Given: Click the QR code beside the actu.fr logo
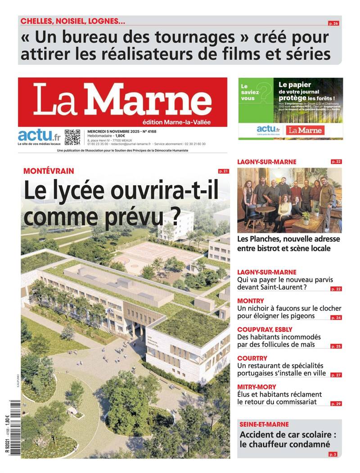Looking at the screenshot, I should pos(72,137).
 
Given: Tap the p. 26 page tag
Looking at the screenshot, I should pos(333,23).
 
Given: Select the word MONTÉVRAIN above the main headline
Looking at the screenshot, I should pos(49,171).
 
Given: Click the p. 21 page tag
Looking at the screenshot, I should pos(223,171).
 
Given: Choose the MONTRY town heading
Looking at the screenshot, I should pos(251,301).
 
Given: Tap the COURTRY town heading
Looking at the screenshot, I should pos(252,358).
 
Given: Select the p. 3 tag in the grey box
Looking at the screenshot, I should pos(333,455).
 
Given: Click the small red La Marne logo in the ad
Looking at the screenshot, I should pos(305,130).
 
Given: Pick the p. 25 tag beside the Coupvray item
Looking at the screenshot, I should pos(336,346).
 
